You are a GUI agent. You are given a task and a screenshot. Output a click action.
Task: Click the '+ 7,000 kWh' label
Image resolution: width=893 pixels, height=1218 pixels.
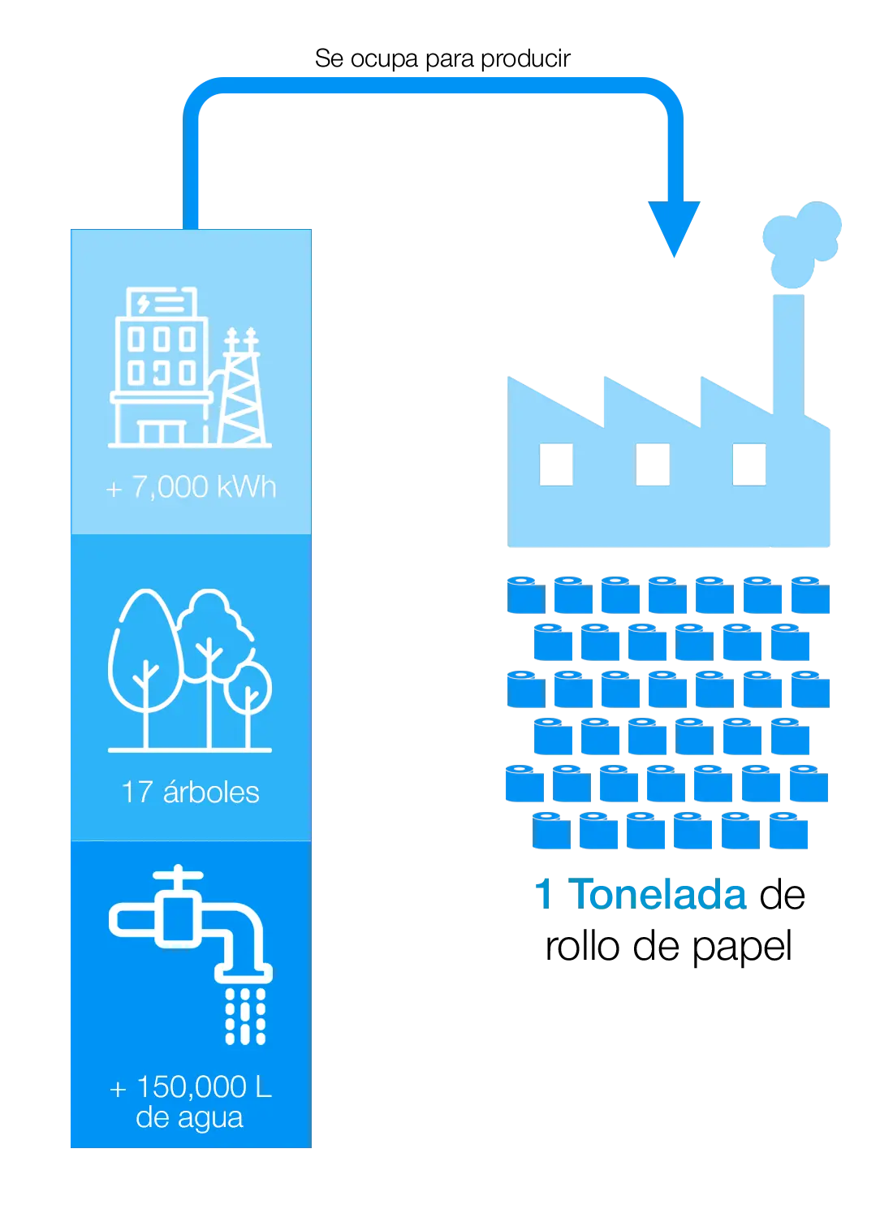pyautogui.click(x=191, y=487)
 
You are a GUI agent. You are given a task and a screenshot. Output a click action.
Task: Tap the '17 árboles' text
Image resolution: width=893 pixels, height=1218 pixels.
pyautogui.click(x=190, y=792)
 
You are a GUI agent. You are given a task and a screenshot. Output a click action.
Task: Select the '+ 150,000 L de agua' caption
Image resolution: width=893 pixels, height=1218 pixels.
pyautogui.click(x=190, y=1102)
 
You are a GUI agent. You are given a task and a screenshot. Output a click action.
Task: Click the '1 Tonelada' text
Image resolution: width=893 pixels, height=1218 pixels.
pyautogui.click(x=640, y=894)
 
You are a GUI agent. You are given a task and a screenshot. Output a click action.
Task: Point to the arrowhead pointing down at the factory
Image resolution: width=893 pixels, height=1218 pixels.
pyautogui.click(x=674, y=227)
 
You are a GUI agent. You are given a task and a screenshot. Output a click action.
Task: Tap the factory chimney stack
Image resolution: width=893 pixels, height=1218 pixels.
pyautogui.click(x=786, y=349)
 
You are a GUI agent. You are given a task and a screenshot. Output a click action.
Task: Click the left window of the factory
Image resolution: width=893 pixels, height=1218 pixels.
pyautogui.click(x=558, y=464)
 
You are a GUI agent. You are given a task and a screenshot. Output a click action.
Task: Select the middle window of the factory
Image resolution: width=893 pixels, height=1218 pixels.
pyautogui.click(x=653, y=464)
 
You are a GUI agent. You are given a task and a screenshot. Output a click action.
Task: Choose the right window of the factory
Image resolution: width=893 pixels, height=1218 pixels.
pyautogui.click(x=748, y=464)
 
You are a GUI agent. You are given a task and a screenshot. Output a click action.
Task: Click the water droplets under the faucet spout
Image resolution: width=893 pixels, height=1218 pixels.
pyautogui.click(x=245, y=1015)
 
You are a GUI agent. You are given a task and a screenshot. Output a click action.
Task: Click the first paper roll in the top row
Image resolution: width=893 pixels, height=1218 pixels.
pyautogui.click(x=526, y=594)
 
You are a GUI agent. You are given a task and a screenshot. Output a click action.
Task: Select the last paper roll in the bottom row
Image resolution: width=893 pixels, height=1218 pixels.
pyautogui.click(x=789, y=831)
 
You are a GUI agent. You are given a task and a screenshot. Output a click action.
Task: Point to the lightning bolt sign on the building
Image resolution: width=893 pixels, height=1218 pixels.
pyautogui.click(x=144, y=304)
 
